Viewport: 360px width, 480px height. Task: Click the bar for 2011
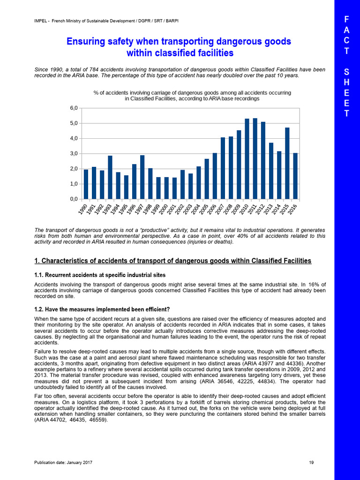[255, 158]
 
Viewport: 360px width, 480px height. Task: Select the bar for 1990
[86, 184]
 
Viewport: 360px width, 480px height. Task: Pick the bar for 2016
[295, 176]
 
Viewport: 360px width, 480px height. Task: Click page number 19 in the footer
[311, 463]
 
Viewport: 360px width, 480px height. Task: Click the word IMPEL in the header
[42, 20]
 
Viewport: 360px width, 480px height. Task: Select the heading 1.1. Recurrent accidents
[100, 274]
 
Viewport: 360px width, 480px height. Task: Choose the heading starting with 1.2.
[102, 309]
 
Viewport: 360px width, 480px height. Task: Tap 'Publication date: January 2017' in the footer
[63, 463]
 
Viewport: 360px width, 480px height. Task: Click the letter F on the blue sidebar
[346, 19]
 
